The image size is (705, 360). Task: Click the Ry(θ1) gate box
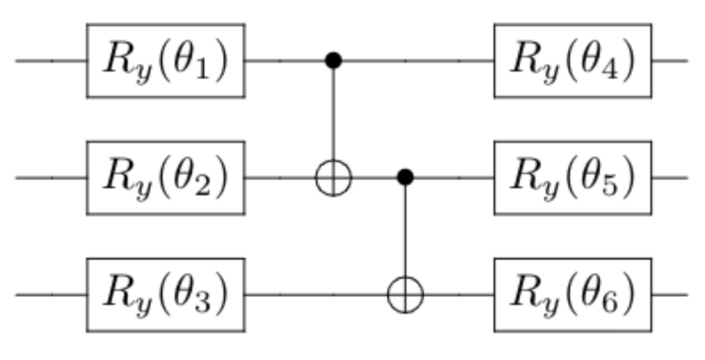[166, 60]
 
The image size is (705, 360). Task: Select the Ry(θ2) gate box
[166, 178]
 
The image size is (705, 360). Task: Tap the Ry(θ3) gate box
[166, 295]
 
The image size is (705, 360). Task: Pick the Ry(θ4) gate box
[573, 60]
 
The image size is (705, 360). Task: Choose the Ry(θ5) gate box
[573, 178]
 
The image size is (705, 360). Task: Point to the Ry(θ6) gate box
[573, 295]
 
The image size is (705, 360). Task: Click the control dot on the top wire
[333, 60]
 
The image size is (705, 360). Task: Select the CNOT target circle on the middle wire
[333, 178]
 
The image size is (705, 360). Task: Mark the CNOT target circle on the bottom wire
[405, 295]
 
